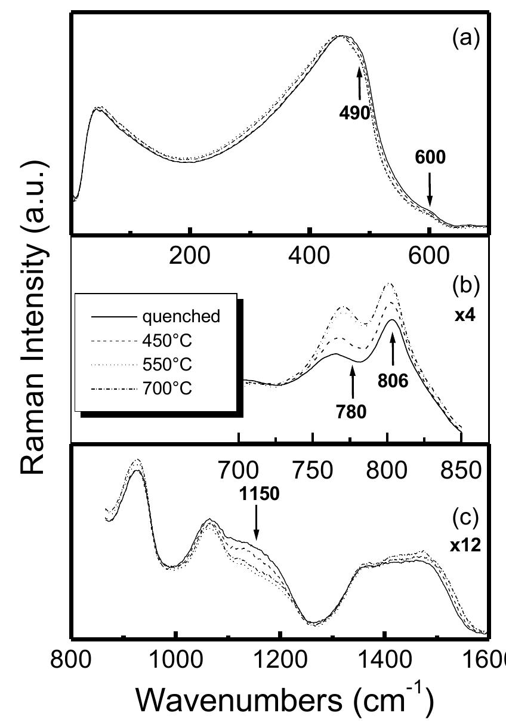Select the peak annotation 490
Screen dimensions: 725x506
[x=359, y=113]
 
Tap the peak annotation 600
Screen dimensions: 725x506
[x=429, y=157]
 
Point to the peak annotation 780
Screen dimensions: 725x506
[x=353, y=413]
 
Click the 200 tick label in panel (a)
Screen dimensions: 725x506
[x=190, y=257]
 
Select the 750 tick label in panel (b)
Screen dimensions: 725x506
[x=313, y=469]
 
